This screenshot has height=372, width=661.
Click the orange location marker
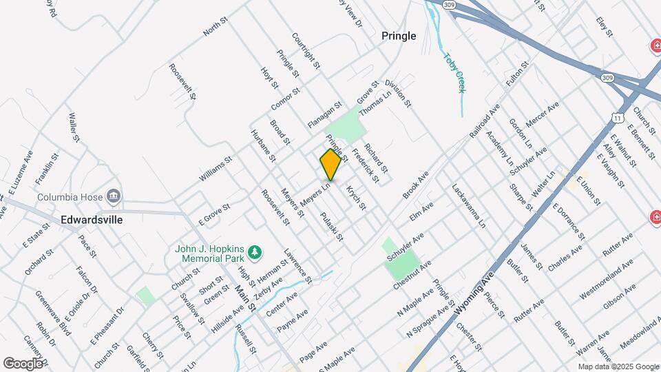pos(330,165)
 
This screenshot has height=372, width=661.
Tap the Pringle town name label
pos(399,36)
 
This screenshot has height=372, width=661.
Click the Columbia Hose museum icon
pos(114,197)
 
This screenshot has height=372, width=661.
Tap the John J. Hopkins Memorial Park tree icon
pos(255,252)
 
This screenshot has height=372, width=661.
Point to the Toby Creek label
pos(455,73)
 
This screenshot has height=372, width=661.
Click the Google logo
pos(23,363)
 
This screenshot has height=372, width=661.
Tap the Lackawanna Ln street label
pos(469,205)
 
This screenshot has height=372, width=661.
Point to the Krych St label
pos(356,198)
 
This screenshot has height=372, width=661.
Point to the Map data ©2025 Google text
pos(618,366)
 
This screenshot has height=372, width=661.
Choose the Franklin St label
pos(47,168)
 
